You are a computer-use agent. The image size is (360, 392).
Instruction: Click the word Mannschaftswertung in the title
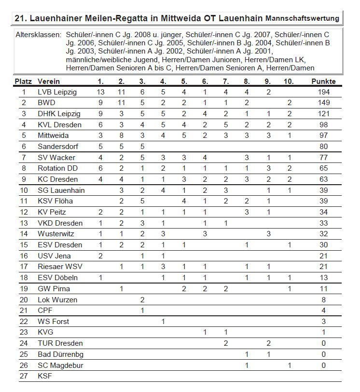(x=302, y=18)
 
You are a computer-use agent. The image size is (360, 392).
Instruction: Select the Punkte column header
(x=323, y=81)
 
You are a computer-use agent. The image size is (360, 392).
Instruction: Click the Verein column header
(x=49, y=81)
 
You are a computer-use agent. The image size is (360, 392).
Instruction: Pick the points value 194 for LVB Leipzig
(x=323, y=92)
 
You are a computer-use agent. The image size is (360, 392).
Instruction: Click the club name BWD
(x=46, y=103)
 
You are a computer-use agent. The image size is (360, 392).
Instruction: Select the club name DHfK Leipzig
(x=59, y=114)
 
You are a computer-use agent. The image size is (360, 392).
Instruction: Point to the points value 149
(x=323, y=103)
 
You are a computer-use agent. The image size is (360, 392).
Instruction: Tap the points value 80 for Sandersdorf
(x=323, y=147)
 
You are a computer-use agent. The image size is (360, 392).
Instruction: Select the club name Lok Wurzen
(x=57, y=299)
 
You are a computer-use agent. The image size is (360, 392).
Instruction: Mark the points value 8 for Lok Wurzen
(x=323, y=299)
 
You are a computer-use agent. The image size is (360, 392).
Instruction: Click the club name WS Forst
(x=53, y=321)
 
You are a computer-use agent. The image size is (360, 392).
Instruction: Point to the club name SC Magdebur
(x=60, y=365)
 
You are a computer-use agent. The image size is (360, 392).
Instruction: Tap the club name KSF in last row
(x=45, y=376)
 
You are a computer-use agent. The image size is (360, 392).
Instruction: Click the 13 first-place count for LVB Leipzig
(x=100, y=92)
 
